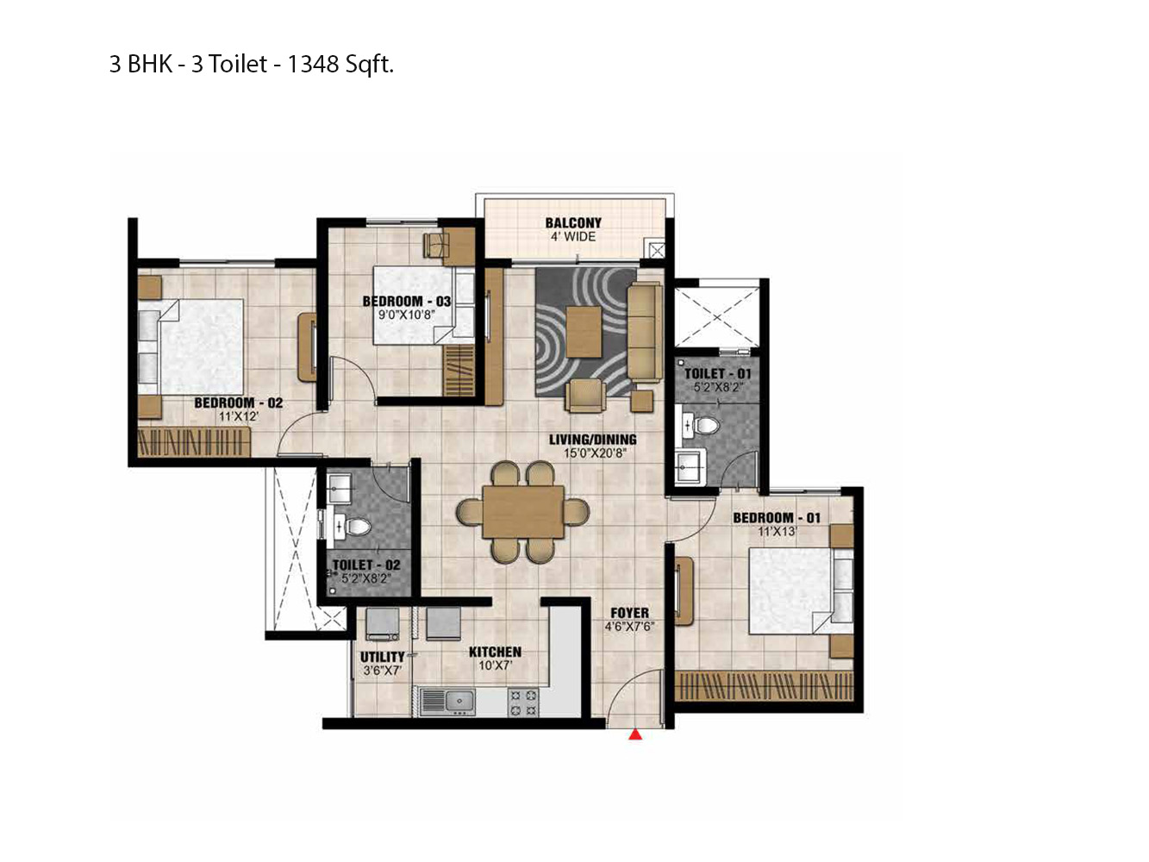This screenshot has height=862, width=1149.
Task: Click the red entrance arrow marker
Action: tap(635, 734)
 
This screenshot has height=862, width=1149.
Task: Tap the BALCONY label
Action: tap(573, 222)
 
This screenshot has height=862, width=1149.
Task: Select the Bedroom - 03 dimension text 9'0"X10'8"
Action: tap(406, 315)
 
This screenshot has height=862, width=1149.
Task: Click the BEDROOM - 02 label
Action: tap(238, 403)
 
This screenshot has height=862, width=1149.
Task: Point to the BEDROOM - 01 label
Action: tap(777, 518)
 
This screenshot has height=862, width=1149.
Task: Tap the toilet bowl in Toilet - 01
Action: tap(706, 426)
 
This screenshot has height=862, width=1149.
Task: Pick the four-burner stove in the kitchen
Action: tap(523, 702)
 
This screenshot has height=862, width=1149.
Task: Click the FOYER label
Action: tap(629, 613)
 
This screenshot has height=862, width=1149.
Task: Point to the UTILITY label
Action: tap(382, 657)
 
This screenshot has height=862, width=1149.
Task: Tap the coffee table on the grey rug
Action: tap(584, 332)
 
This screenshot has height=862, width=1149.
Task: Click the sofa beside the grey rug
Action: tap(643, 332)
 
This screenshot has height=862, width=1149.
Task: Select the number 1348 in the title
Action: tap(313, 65)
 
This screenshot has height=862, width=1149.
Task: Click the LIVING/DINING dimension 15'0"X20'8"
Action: tap(594, 453)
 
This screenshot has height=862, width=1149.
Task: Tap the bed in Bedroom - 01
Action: tap(791, 591)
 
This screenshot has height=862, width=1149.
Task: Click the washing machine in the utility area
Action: tap(382, 624)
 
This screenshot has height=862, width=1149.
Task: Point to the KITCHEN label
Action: tap(495, 653)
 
